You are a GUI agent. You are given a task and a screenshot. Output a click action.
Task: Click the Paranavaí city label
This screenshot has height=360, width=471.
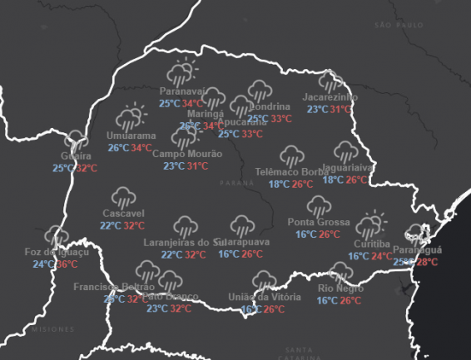click(181, 91)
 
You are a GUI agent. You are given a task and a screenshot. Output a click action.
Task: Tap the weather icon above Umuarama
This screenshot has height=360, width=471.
click(131, 117)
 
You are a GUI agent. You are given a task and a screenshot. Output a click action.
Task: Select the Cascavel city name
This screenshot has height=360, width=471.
click(122, 213)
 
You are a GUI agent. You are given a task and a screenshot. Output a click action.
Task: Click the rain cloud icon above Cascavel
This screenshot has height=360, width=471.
click(124, 196)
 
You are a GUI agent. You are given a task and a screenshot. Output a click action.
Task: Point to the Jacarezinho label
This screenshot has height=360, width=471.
click(330, 97)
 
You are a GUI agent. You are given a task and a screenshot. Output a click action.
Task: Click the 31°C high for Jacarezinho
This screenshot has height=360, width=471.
click(340, 109)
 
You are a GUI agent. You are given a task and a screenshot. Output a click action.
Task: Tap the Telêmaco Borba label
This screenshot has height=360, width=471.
click(292, 172)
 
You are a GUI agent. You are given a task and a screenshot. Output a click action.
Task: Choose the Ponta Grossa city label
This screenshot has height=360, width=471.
click(318, 222)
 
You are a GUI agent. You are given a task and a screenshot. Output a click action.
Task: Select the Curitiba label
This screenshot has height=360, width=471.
click(371, 244)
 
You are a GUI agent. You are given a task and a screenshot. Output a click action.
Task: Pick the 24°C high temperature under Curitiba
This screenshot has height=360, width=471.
click(382, 256)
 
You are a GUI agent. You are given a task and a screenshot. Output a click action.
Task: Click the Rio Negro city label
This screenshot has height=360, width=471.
click(340, 288)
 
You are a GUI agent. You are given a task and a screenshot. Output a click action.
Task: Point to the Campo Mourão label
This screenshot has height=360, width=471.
click(186, 154)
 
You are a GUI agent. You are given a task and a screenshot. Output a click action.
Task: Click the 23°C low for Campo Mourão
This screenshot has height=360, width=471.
click(174, 166)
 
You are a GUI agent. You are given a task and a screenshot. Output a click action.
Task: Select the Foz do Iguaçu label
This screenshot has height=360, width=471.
click(56, 252)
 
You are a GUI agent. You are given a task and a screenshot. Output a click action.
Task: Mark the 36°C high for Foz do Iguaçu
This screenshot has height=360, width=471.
click(67, 264)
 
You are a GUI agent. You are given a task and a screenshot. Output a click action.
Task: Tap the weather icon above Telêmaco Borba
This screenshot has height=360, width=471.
click(291, 155)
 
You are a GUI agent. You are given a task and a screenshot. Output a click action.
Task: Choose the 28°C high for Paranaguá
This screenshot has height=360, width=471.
click(427, 262)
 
